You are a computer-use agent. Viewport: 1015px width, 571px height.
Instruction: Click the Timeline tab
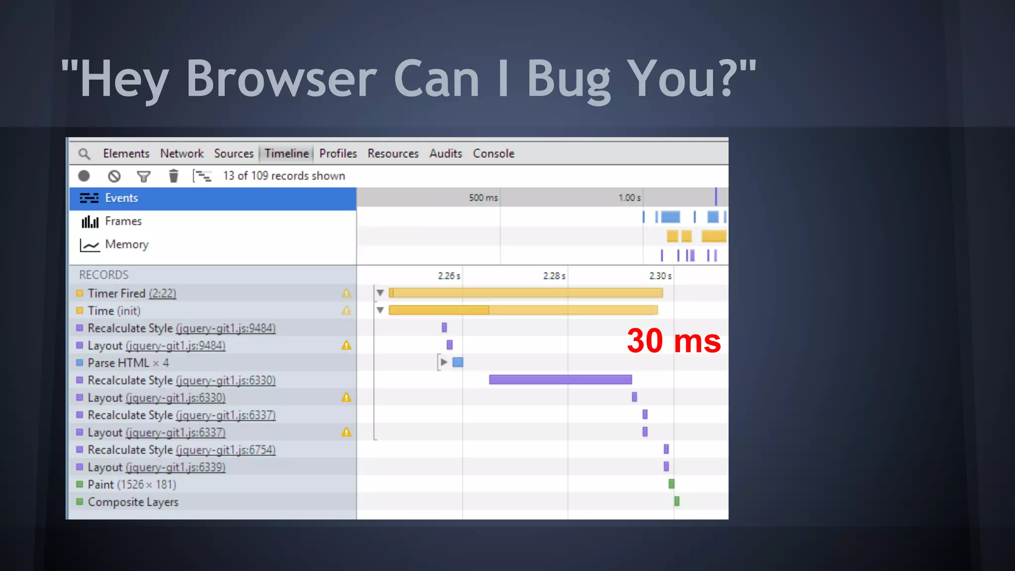pyautogui.click(x=286, y=154)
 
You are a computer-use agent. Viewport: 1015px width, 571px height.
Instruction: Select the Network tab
pyautogui.click(x=181, y=154)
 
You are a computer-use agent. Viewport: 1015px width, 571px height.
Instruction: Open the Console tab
pyautogui.click(x=493, y=154)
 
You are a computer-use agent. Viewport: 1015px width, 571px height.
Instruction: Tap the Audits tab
pyautogui.click(x=445, y=154)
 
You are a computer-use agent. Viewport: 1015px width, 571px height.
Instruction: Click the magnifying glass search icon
pyautogui.click(x=84, y=154)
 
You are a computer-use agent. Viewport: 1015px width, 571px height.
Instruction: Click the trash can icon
pyautogui.click(x=173, y=176)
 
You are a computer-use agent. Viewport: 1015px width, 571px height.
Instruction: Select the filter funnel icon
pyautogui.click(x=144, y=176)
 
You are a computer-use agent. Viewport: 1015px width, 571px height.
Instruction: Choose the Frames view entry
pyautogui.click(x=123, y=221)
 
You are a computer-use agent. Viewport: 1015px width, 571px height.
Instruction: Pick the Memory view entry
pyautogui.click(x=126, y=244)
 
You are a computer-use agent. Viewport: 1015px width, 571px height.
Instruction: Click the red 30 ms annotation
pyautogui.click(x=674, y=341)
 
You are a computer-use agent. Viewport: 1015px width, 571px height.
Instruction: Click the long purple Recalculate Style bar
pyautogui.click(x=560, y=380)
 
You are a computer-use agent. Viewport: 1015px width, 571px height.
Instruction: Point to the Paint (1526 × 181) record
pyautogui.click(x=131, y=484)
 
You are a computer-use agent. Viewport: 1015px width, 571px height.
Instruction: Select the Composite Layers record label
pyautogui.click(x=133, y=502)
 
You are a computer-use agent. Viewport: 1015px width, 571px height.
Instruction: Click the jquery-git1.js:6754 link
pyautogui.click(x=226, y=450)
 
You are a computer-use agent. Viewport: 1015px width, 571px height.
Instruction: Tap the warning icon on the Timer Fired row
pyautogui.click(x=346, y=293)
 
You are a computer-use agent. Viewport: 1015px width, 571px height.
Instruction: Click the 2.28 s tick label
pyautogui.click(x=554, y=276)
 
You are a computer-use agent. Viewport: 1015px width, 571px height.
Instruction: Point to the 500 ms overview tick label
pyautogui.click(x=483, y=198)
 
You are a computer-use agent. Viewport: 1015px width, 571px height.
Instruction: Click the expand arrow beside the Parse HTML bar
pyautogui.click(x=444, y=362)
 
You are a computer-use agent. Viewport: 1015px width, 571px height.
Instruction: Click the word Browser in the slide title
pyautogui.click(x=281, y=79)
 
